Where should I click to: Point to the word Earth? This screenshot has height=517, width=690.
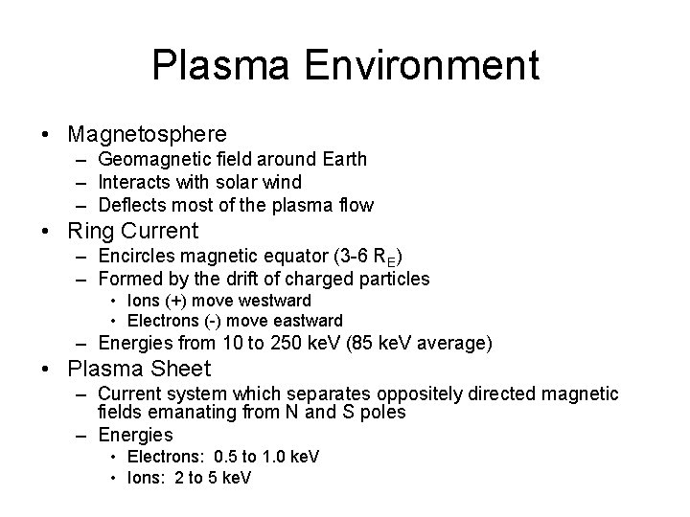click(341, 159)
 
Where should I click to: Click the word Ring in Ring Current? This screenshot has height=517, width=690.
click(87, 231)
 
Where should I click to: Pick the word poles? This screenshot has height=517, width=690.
click(383, 412)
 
